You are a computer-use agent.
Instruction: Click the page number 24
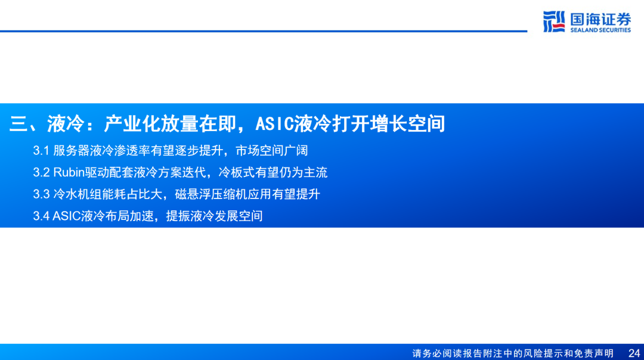[x=634, y=353]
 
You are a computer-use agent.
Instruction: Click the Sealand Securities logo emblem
[x=554, y=22]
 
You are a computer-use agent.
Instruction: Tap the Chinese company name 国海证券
[x=600, y=19]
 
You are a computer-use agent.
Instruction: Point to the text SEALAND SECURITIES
[x=600, y=30]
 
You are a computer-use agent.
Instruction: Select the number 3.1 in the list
[x=41, y=151]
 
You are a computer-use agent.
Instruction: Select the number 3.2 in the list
[x=41, y=172]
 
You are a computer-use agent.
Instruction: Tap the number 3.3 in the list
[x=41, y=194]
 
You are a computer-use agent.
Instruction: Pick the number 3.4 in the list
[x=41, y=216]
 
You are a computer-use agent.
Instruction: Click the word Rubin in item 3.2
[x=69, y=172]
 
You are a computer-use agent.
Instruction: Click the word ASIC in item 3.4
[x=67, y=216]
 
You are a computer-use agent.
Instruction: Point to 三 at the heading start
[x=18, y=123]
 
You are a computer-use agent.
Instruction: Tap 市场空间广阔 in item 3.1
[x=271, y=151]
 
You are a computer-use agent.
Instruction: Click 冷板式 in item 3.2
[x=236, y=172]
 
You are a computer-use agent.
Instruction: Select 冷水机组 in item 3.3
[x=77, y=194]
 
